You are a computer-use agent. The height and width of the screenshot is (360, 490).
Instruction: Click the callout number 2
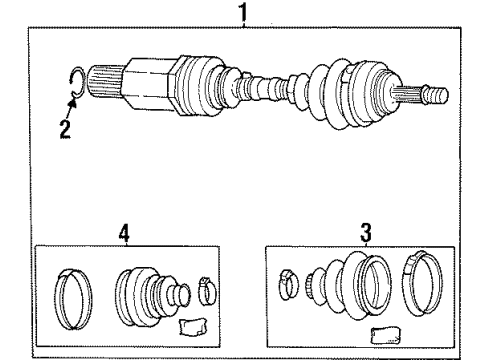coord(66,128)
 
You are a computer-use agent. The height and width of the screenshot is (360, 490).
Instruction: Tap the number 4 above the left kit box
coord(124,234)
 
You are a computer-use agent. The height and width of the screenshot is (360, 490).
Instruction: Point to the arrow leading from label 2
coord(71,108)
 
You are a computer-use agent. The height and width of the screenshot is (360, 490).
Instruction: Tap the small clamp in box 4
coord(207,291)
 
